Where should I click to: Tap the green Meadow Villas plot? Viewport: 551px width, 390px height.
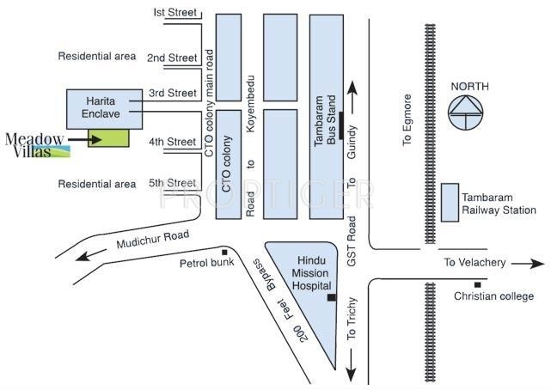coord(108,138)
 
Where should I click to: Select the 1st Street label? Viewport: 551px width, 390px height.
coord(174,13)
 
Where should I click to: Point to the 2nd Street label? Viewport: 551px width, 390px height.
coord(172,58)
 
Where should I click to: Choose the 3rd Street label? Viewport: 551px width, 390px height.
coord(172,93)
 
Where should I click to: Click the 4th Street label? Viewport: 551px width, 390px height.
coord(172,141)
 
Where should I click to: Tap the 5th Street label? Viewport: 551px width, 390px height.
coord(172,183)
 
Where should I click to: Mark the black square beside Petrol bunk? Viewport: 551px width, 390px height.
coord(224,252)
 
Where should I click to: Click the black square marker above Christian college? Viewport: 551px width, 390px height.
coord(477,284)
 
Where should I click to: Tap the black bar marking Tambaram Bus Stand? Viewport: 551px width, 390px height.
coord(341,125)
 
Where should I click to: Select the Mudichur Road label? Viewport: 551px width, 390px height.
coord(150,238)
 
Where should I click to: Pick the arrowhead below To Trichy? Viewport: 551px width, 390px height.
coord(351,374)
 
